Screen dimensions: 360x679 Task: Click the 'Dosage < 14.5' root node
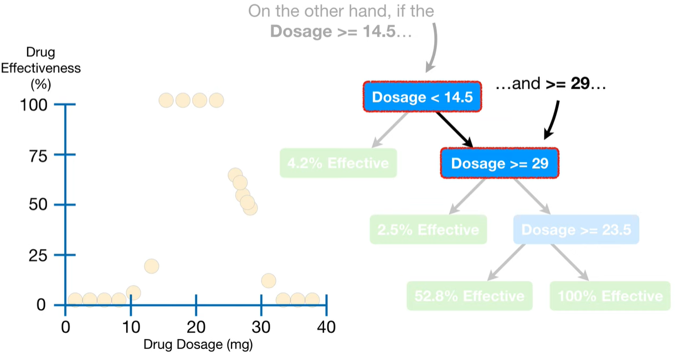tap(422, 97)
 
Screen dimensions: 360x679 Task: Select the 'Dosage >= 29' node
tap(500, 163)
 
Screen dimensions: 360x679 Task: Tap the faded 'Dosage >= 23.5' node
tap(576, 229)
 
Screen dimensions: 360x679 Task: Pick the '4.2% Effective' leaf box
tap(338, 163)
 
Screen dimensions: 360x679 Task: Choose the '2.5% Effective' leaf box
tap(428, 229)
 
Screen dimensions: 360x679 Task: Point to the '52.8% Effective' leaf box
tap(469, 296)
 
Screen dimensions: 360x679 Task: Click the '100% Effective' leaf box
tap(610, 296)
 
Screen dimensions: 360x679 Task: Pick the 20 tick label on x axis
tap(196, 327)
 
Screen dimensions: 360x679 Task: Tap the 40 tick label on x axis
tap(326, 327)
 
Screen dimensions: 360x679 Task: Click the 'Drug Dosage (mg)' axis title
tap(198, 344)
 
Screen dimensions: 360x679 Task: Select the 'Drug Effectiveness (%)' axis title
tap(41, 69)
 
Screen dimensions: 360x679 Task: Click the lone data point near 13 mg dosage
tap(151, 266)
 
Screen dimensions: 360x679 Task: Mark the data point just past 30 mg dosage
tap(269, 281)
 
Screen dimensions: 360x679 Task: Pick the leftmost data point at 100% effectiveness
tap(166, 100)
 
